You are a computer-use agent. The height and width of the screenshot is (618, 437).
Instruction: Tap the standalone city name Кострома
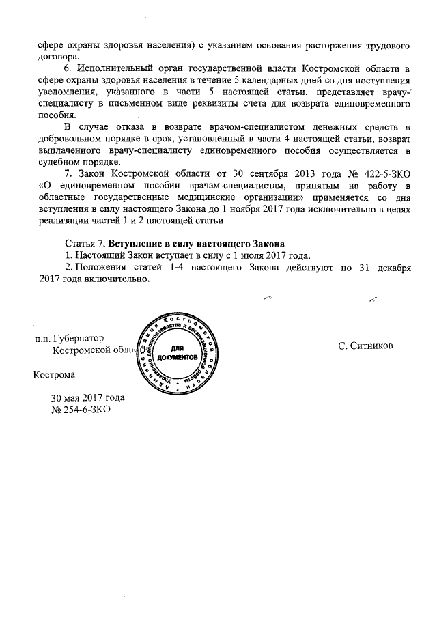click(55, 374)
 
